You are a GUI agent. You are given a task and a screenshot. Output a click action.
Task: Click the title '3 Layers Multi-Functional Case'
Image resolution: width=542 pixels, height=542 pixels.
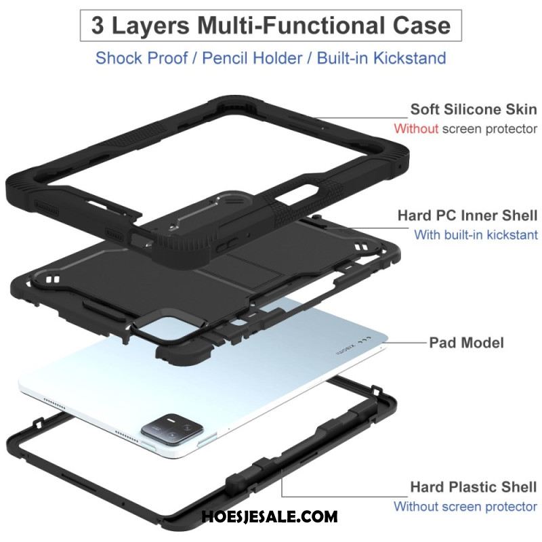[x=270, y=26]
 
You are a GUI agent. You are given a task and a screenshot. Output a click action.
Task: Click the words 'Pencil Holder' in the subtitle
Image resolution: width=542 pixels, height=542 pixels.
[x=252, y=58]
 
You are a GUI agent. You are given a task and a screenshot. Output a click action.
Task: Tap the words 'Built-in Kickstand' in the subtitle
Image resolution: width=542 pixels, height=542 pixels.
[x=381, y=58]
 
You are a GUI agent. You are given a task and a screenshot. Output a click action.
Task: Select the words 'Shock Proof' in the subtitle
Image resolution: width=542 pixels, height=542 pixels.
[x=142, y=58]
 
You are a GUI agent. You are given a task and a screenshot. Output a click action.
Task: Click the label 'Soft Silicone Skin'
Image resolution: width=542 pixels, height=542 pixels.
[x=474, y=109]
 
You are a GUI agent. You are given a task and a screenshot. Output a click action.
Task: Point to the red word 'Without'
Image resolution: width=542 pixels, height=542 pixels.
[x=416, y=129]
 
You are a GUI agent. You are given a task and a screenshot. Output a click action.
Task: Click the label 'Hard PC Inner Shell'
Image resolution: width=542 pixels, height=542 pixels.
[x=467, y=215]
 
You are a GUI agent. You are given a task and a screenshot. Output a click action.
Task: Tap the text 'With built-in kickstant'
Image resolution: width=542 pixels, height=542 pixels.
[x=476, y=234]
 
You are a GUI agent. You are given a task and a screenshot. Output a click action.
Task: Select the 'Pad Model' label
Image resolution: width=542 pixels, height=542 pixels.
[x=466, y=343]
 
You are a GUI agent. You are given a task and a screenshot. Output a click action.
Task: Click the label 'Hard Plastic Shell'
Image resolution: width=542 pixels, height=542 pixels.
[x=474, y=486]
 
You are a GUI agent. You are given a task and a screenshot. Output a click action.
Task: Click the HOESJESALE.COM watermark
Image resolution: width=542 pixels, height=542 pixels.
[x=269, y=517]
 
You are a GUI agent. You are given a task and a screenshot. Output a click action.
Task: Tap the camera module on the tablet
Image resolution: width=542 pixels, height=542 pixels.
[x=172, y=429]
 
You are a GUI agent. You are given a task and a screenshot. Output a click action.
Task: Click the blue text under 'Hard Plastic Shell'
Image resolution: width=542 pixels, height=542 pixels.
[x=465, y=506]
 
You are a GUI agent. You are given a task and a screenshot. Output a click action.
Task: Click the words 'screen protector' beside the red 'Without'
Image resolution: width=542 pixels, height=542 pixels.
[x=489, y=129]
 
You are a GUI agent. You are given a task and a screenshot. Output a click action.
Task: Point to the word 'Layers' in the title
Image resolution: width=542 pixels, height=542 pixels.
[x=150, y=26]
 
